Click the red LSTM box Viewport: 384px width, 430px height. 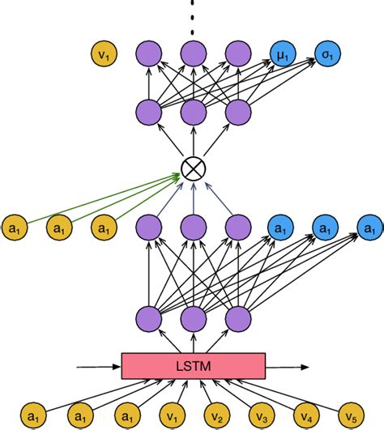(193, 366)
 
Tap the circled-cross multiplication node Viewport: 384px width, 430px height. (193, 168)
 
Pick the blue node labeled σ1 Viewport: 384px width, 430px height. (326, 56)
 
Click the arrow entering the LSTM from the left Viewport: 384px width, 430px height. (97, 367)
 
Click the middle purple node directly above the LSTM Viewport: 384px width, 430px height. (193, 317)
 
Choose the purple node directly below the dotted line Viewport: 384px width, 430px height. (193, 56)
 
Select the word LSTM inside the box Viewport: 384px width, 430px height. (193, 366)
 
